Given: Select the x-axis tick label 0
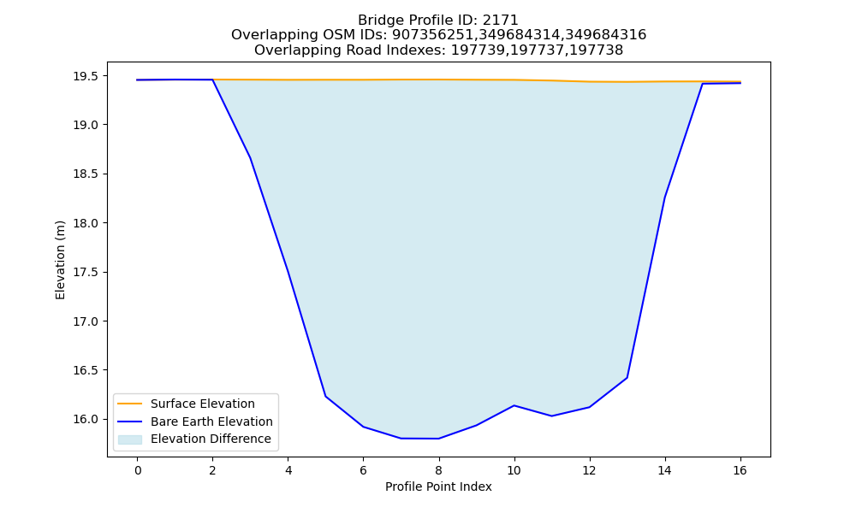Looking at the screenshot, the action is coord(138,470).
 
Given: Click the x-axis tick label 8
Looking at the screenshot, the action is coord(438,470).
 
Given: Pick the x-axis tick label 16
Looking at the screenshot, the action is coord(740,470).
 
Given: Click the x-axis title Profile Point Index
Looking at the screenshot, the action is coord(438,486).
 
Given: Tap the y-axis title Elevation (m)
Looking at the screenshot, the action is coord(60,260).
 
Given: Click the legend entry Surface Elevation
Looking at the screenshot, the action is coord(203,404).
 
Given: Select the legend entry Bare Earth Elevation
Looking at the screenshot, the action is coord(211,422).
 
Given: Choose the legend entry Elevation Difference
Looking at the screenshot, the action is coord(211,439).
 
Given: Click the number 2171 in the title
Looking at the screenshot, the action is coord(500,21).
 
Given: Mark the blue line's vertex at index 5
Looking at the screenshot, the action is coord(326,397).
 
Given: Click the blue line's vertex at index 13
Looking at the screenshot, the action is coord(627,378).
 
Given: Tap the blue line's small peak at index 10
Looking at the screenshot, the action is coord(514,405).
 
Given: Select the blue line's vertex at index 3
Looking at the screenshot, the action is coord(251,158).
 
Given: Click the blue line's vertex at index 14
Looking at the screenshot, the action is coord(664,198).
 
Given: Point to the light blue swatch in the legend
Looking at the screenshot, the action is coord(130,439).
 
